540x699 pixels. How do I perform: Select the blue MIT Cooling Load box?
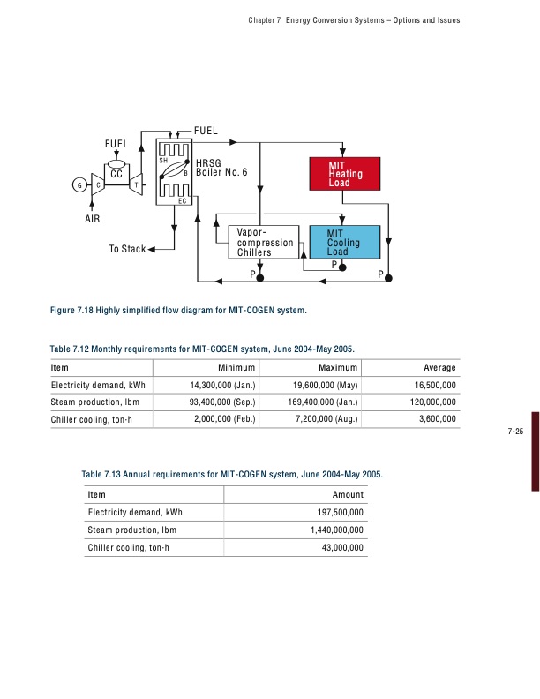tap(343, 242)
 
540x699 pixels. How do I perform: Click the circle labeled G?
tap(80, 184)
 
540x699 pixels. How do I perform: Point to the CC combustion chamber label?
tap(116, 175)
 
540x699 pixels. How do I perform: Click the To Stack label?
tap(127, 250)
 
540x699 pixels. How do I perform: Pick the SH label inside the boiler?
tap(163, 161)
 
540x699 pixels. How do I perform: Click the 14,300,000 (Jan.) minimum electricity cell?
tap(222, 385)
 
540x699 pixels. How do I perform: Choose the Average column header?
tap(439, 368)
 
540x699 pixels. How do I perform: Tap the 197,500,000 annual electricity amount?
tap(340, 512)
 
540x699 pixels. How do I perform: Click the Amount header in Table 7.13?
tap(347, 495)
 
